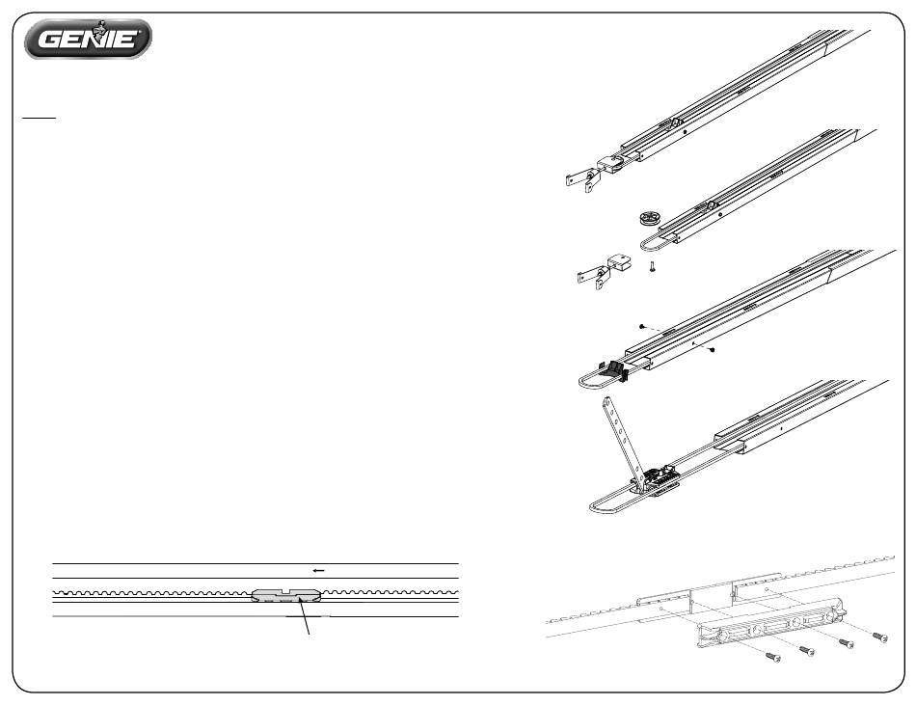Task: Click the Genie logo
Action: (88, 39)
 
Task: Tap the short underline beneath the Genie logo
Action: (40, 118)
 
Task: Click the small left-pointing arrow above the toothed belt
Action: (318, 571)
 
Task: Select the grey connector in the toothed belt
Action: (286, 595)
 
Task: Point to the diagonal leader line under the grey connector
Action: (304, 616)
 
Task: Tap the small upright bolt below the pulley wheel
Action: (652, 267)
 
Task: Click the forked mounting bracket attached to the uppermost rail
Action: (581, 178)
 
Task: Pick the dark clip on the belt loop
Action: (614, 370)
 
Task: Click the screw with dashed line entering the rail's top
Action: (642, 327)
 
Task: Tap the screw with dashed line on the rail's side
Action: (712, 350)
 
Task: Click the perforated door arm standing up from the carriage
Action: (624, 438)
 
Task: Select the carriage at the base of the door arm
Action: (658, 480)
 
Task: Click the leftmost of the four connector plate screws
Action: (773, 657)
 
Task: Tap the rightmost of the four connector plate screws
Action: (879, 637)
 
